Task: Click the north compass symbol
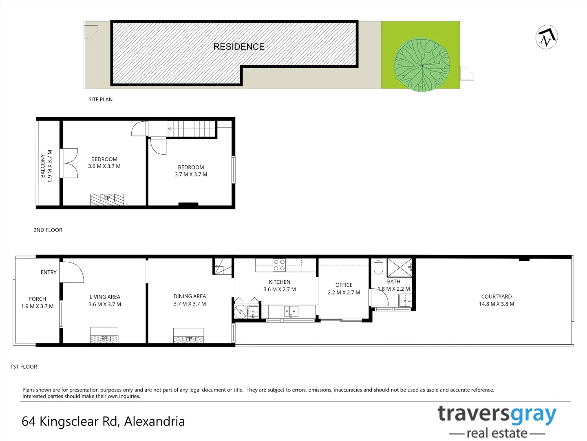547,38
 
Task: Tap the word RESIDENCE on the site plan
239,47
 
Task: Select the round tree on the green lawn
422,65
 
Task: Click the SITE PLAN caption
100,99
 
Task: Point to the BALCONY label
43,166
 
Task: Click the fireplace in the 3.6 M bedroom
107,199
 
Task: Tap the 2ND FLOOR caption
48,230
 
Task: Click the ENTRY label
49,272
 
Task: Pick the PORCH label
37,299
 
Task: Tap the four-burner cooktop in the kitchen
279,265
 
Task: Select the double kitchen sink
291,312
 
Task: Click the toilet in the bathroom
378,266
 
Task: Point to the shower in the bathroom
399,267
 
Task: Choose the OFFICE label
344,285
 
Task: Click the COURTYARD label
496,296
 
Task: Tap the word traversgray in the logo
497,414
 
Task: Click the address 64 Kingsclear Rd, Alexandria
103,421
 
